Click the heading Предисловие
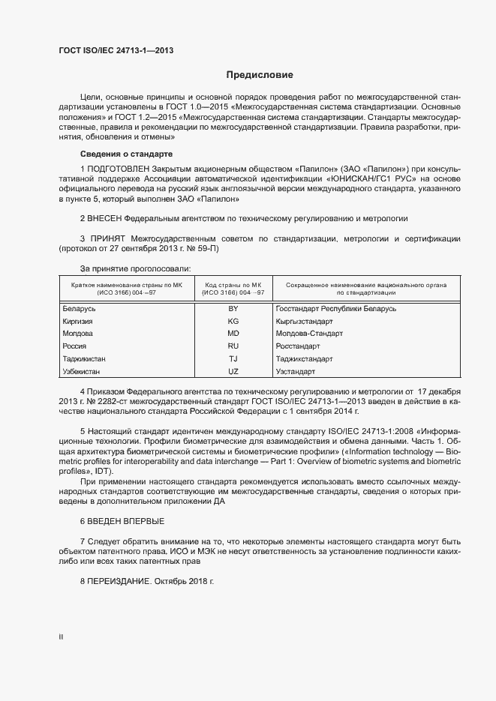point(260,75)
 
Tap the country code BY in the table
point(233,309)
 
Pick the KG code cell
point(233,321)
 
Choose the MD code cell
point(233,334)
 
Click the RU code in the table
point(233,346)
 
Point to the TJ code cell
point(233,359)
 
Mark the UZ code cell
point(233,372)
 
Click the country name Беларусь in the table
point(80,309)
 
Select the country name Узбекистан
point(83,372)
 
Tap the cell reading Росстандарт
point(298,346)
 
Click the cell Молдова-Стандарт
point(309,334)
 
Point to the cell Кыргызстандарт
point(304,321)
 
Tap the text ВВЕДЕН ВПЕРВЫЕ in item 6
point(125,521)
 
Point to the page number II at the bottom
point(61,637)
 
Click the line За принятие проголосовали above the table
point(135,268)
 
